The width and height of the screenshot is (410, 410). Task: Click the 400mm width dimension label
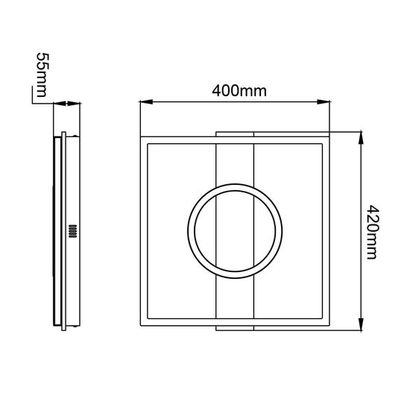tap(239, 91)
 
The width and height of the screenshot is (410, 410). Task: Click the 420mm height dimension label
tap(372, 232)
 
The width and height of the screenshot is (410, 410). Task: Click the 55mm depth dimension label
tap(42, 75)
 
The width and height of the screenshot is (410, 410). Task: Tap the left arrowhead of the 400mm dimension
tap(146, 101)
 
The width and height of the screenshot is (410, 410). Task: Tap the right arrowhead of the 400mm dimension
tap(324, 101)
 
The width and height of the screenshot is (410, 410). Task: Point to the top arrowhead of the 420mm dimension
tap(361, 138)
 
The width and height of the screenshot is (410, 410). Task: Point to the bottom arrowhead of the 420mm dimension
tap(361, 324)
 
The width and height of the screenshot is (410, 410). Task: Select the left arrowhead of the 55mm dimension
tap(60, 104)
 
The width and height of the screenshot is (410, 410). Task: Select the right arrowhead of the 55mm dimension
tap(74, 104)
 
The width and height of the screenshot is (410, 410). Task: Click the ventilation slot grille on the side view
tap(73, 231)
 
